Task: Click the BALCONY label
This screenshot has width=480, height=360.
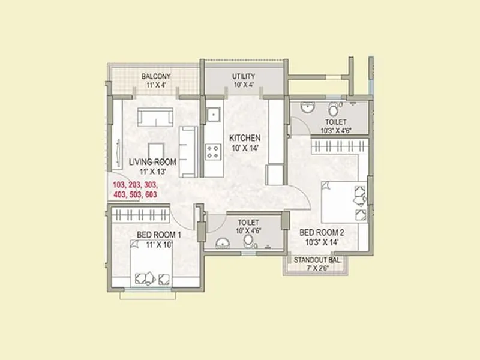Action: click(x=156, y=76)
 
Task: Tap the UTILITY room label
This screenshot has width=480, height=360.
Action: click(x=244, y=76)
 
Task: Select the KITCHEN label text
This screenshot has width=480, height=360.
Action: click(x=245, y=138)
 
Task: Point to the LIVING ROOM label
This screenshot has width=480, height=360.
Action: click(x=152, y=162)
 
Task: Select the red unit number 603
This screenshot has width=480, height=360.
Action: click(x=151, y=194)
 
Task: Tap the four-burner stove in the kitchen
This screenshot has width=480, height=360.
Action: click(x=212, y=151)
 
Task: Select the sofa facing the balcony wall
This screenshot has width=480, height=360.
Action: click(x=155, y=116)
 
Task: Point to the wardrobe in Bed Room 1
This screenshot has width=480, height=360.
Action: click(x=139, y=215)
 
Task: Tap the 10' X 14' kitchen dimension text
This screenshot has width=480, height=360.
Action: click(x=244, y=148)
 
